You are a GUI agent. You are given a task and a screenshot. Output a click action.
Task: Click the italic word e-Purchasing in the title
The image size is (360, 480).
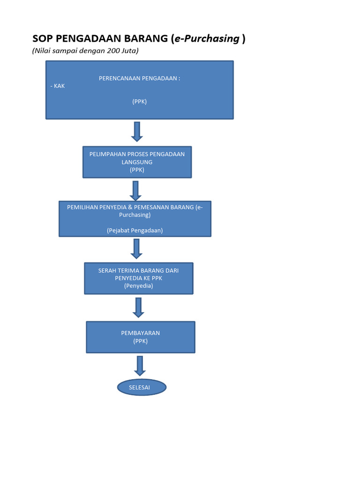tap(207, 39)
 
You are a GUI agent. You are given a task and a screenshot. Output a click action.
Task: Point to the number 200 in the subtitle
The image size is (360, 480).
tap(114, 51)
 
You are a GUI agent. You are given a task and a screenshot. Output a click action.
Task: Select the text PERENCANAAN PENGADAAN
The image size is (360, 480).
tap(139, 78)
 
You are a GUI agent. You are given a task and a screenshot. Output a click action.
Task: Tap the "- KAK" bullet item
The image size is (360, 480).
tap(57, 86)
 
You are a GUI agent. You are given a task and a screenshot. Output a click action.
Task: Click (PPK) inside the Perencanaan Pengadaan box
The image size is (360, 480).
tap(139, 101)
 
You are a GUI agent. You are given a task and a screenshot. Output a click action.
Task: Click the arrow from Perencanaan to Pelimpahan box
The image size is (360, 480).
tap(137, 131)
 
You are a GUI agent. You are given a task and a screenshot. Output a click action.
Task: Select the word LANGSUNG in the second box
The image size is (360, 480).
tap(137, 162)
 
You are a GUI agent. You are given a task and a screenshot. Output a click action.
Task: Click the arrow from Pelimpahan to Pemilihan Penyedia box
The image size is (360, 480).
tap(135, 191)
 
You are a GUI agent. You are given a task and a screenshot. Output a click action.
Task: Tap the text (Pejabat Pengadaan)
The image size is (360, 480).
tap(135, 230)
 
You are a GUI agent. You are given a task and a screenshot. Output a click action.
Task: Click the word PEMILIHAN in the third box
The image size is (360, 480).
tap(83, 207)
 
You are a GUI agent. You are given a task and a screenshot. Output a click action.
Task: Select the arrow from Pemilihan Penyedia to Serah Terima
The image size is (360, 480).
tap(136, 248)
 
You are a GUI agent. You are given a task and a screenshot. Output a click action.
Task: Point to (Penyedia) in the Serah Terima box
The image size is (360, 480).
tap(138, 285)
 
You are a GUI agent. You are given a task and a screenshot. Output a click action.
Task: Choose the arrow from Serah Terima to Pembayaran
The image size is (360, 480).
tap(138, 307)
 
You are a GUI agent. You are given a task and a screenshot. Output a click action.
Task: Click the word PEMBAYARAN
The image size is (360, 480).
tap(140, 333)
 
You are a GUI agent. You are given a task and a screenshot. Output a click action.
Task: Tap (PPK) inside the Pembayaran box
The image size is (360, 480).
tap(140, 341)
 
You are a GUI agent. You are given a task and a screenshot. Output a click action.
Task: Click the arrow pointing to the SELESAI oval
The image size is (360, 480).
tap(140, 366)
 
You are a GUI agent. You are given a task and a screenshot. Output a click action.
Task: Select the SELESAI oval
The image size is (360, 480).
tap(142, 388)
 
